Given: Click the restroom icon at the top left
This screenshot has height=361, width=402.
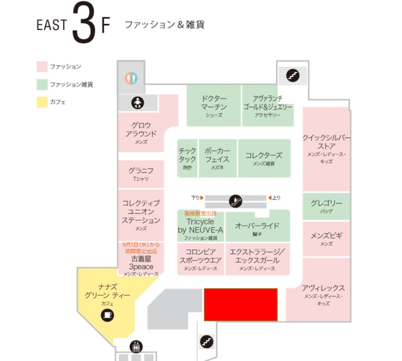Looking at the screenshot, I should [131, 76].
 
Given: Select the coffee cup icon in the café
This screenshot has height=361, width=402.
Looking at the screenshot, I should [107, 315].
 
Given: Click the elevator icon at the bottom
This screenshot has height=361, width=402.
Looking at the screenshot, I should [135, 346].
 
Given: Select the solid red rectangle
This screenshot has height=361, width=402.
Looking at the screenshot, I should [241, 304].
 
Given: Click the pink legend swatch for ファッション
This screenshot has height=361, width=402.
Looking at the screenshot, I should [42, 67].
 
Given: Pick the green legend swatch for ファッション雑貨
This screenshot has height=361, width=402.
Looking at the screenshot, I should [42, 85].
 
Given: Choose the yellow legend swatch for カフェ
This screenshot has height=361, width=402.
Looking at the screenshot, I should [42, 102].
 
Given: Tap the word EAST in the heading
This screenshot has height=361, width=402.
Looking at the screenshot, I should [52, 25].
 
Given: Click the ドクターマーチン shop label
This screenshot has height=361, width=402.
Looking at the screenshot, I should [214, 105].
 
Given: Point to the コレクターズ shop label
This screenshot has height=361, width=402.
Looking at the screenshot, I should [264, 156].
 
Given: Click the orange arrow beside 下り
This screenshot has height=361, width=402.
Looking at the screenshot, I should [202, 198].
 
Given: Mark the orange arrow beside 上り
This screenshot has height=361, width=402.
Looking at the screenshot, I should [270, 198].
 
